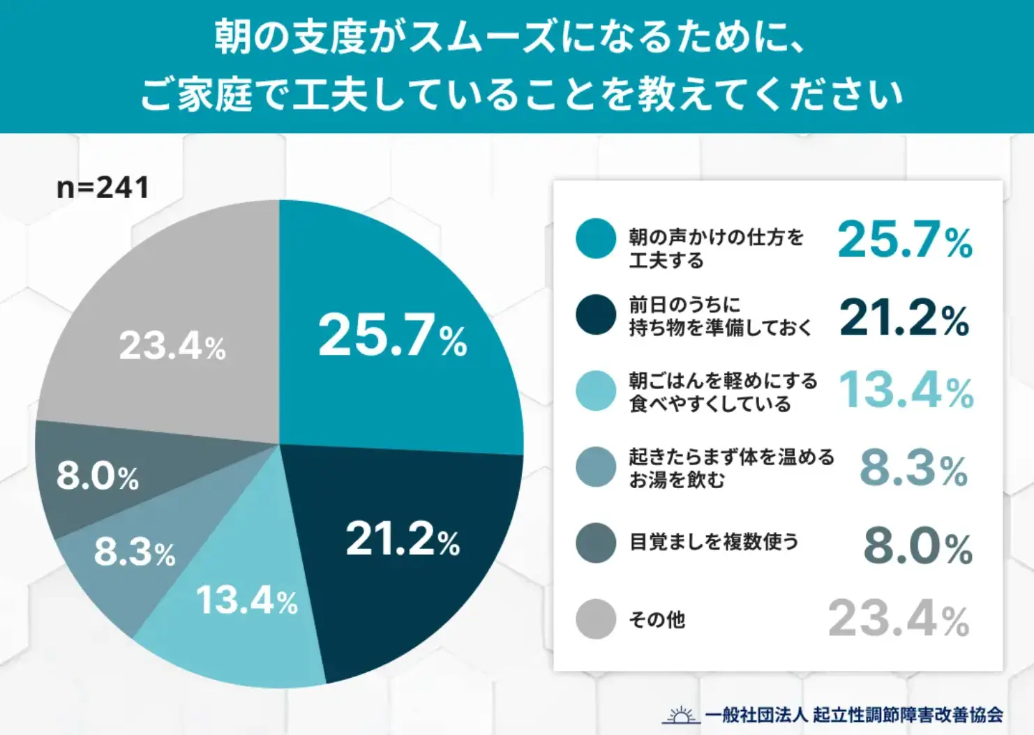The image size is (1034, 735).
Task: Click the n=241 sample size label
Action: coord(103,188)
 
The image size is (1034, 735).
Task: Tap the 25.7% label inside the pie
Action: coord(392,335)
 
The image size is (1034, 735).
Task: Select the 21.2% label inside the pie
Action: coord(403,539)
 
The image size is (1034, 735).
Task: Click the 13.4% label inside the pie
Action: coord(246,600)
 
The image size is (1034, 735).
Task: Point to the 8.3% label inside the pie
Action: coord(134,552)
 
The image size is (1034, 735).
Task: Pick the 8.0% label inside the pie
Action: coord(97,476)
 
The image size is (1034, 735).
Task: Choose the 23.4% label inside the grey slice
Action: coord(172,345)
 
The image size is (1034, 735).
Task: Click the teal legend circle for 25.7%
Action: coord(596,238)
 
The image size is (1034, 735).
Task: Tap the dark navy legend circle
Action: coord(596,315)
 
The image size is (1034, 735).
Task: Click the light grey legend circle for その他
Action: coord(596,619)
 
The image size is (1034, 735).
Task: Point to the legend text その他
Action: coord(657,619)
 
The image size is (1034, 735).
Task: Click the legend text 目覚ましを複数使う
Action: coord(714,542)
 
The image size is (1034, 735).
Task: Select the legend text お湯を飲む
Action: coord(677,480)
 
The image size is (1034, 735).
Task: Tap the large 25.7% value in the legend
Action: coord(904,239)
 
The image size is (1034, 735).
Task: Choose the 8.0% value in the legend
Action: coord(917,545)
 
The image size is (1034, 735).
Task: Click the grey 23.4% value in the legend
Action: coord(899,619)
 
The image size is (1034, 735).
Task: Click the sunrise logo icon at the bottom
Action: coord(680,715)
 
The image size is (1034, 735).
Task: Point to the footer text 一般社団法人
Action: coord(756,715)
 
